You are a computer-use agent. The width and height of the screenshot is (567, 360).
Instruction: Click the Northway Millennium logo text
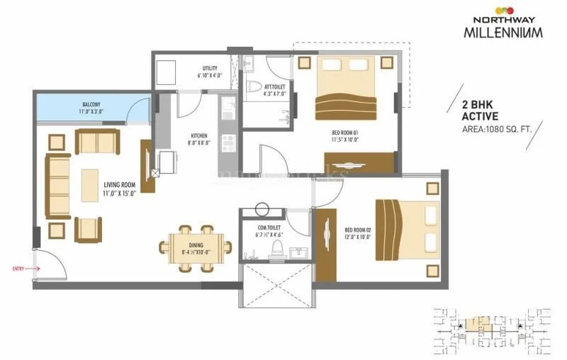[505, 28]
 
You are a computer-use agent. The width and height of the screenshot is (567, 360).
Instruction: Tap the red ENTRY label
[21, 269]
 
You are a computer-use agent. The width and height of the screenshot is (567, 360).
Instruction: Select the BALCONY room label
[91, 107]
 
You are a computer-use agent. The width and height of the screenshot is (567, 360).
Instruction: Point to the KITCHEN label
[198, 139]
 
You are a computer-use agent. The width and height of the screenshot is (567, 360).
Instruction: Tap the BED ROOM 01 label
[345, 136]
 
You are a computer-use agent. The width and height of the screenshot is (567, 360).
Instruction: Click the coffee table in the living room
[91, 186]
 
